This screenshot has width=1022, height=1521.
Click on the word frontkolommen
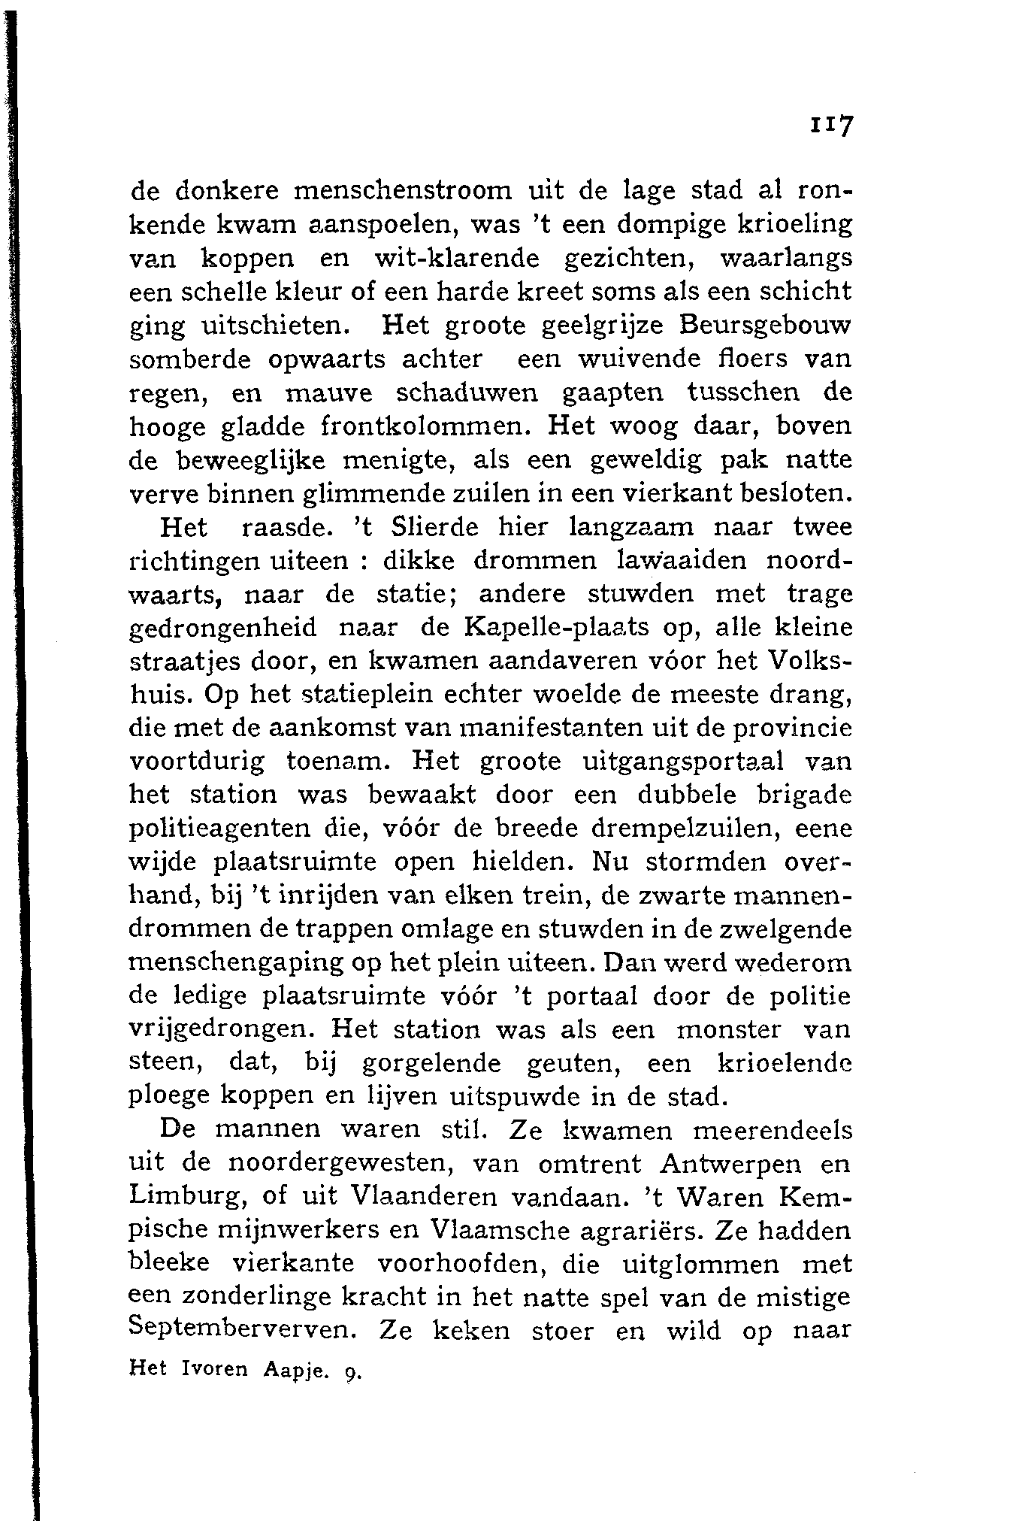428,426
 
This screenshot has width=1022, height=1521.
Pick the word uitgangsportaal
683,762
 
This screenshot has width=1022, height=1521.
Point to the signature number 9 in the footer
349,1371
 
